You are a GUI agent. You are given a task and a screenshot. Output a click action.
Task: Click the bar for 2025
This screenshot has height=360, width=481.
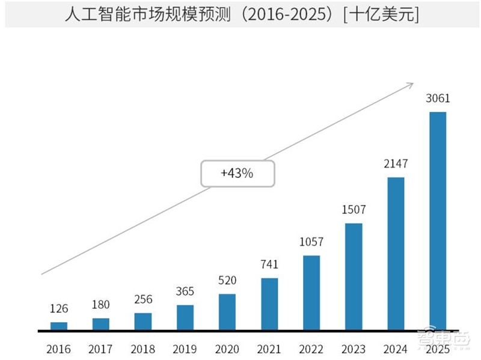[x=438, y=221]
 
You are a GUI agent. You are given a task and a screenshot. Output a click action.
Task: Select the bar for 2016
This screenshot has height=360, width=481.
[x=59, y=326]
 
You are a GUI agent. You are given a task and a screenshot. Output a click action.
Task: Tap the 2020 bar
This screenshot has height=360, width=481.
[x=227, y=312]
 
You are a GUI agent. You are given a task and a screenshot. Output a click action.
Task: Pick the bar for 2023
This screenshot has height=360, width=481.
[x=354, y=276]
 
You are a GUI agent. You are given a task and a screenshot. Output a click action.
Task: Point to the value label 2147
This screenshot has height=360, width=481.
[x=396, y=164]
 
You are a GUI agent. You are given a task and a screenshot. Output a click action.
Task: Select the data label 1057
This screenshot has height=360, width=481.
[x=311, y=242]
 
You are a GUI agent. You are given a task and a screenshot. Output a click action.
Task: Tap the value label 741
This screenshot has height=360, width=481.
[x=269, y=265]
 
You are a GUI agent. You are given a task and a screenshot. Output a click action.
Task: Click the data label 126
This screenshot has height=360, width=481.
[x=59, y=309]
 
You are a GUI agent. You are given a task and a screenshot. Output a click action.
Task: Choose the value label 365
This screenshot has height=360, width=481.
[x=185, y=291]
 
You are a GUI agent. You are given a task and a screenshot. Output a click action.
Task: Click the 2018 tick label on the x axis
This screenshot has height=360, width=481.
[x=142, y=349]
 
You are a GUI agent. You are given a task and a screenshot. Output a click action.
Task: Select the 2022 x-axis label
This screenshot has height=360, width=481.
[x=311, y=349]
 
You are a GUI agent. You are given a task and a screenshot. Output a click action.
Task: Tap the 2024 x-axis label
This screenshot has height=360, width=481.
[x=395, y=349]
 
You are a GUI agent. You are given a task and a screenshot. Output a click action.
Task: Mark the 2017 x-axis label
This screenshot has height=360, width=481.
[x=100, y=349]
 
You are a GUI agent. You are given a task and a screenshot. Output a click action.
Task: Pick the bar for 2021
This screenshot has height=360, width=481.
[x=269, y=304]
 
